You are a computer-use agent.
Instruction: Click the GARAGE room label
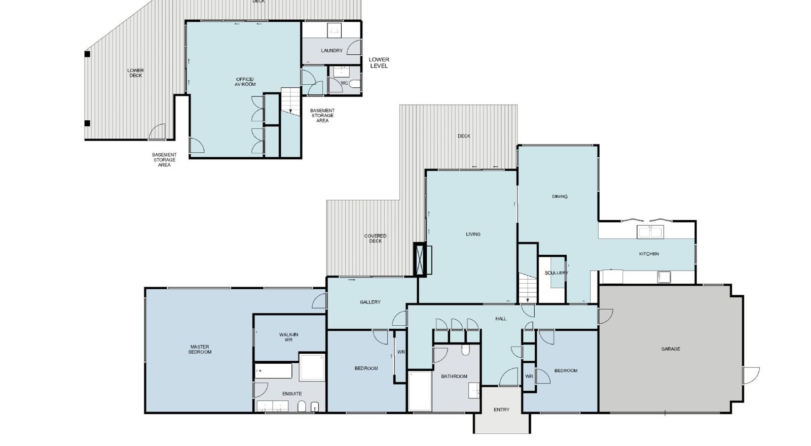671,349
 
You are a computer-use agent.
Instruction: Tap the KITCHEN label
649,254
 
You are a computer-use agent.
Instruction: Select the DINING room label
560,197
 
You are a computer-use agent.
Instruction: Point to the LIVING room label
473,234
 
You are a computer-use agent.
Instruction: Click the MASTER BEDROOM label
200,349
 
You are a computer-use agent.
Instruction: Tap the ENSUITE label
292,393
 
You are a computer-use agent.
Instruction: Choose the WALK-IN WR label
288,337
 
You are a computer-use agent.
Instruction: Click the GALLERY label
370,302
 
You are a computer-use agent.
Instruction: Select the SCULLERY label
557,273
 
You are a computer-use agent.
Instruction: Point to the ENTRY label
501,410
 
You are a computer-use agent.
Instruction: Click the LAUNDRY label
331,51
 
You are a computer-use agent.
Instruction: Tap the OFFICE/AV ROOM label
245,82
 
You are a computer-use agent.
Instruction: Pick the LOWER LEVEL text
379,63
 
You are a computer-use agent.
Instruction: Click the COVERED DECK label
376,238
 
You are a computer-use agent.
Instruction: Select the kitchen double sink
651,232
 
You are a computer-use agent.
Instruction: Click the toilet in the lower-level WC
355,84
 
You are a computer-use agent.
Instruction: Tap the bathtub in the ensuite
273,371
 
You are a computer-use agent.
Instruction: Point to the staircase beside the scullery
528,289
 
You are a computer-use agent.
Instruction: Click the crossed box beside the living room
420,260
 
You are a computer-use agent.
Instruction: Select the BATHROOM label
454,376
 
